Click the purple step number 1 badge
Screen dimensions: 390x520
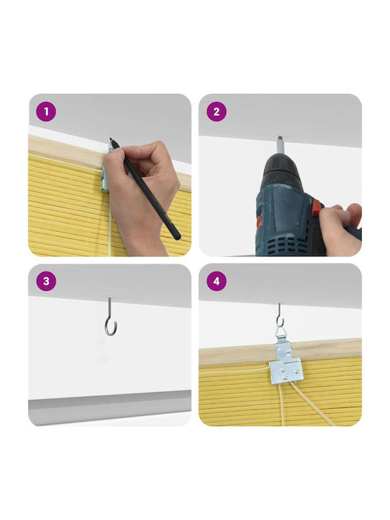46,111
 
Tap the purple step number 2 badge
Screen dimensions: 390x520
217,111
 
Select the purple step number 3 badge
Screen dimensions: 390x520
46,281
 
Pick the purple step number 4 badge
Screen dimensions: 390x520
217,281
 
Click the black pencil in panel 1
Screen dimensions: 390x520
145,188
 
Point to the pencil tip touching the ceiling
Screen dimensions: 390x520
110,139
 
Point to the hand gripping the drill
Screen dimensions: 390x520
341,229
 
